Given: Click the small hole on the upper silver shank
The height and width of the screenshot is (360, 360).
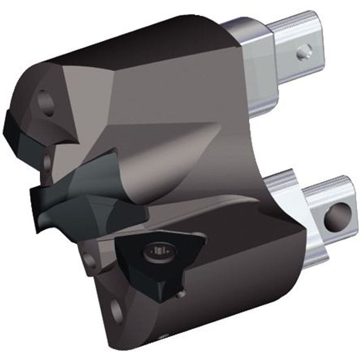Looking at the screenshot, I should pyautogui.click(x=304, y=52).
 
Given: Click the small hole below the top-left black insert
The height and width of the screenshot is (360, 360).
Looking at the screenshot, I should pyautogui.click(x=47, y=161).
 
